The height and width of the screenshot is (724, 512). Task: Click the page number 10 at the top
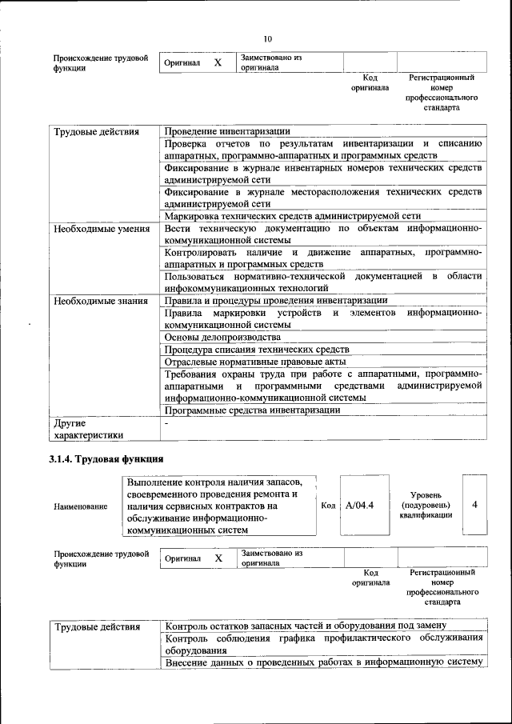[268, 38]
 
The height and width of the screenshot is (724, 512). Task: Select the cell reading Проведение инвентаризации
[226, 131]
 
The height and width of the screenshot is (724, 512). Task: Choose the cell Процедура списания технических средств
[256, 350]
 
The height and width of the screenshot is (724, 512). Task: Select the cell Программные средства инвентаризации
[252, 410]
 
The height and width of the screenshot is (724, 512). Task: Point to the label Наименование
[80, 506]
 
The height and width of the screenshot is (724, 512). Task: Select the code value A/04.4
[361, 506]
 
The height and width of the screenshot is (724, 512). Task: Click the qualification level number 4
[475, 505]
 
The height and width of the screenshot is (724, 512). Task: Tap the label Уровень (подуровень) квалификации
[426, 506]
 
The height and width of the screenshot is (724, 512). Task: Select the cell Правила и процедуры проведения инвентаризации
[275, 301]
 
